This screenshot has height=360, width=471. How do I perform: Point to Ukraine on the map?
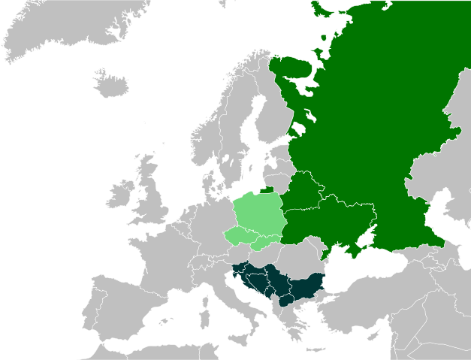[331, 222]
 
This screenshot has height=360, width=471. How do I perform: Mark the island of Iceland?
[109, 83]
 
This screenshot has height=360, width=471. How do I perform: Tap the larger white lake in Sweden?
[225, 160]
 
